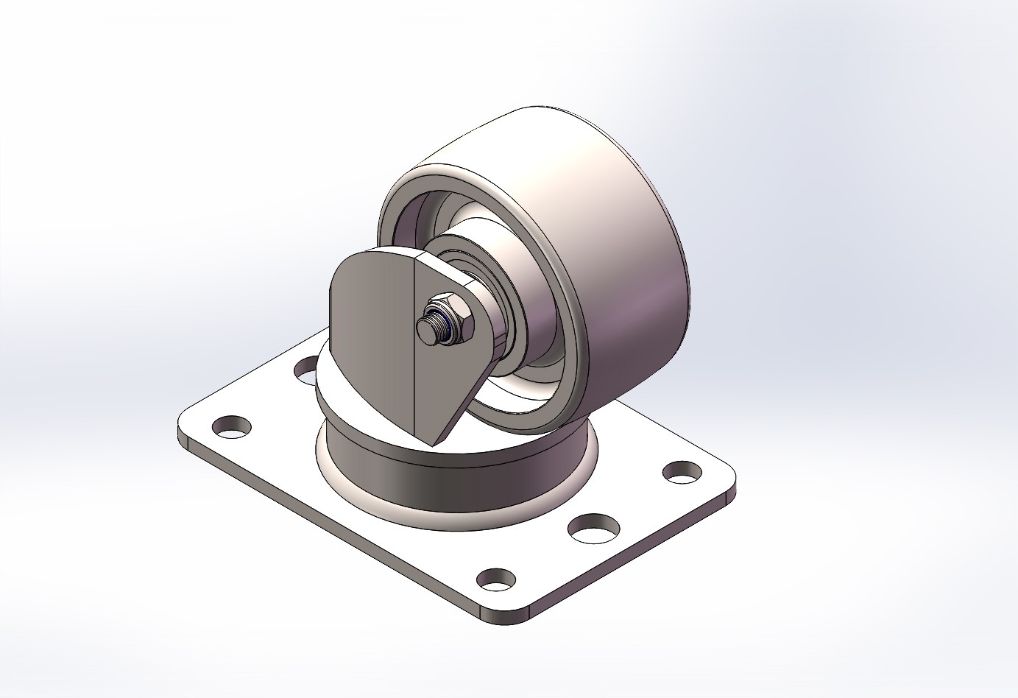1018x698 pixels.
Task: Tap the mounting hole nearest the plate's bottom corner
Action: pos(495,579)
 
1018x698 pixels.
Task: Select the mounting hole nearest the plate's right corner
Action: pos(683,471)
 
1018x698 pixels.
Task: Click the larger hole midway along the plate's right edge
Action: pos(593,527)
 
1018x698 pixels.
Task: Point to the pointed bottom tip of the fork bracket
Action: pos(434,440)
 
